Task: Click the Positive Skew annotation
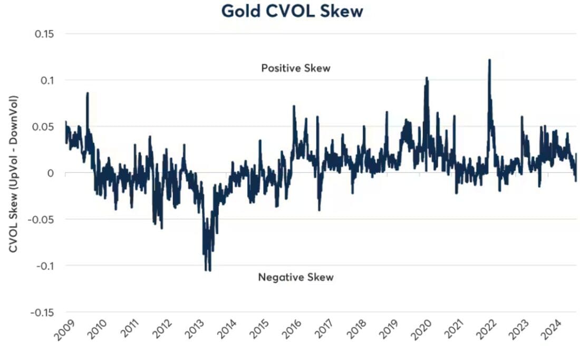[x=295, y=68]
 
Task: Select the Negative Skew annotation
[x=295, y=277]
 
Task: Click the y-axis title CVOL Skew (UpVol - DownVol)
[x=13, y=173]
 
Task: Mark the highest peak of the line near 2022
[x=489, y=60]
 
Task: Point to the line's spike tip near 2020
[x=427, y=78]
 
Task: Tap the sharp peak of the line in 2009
[x=88, y=93]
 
